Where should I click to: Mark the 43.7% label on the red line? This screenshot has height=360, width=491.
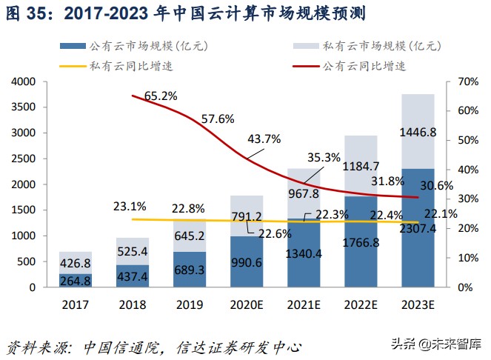(x=264, y=139)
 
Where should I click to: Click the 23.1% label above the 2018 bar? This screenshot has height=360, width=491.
(x=130, y=206)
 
